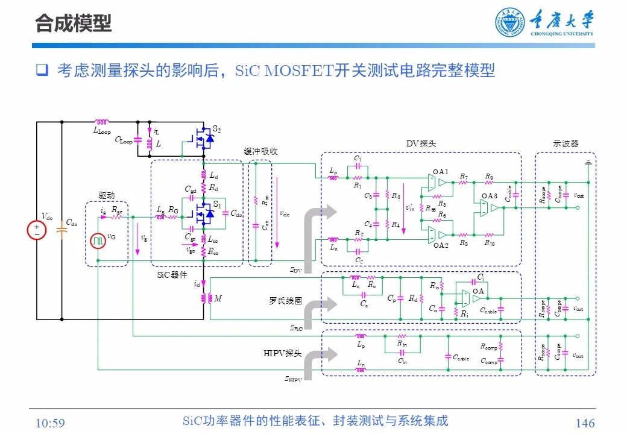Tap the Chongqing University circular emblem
point(510,24)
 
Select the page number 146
point(585,423)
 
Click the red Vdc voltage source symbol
point(36,231)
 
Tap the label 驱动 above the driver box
point(106,195)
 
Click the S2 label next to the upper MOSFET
point(216,129)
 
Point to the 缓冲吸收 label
point(260,151)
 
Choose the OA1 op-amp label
point(441,172)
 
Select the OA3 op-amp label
point(489,197)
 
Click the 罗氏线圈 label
point(285,301)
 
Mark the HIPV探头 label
point(282,353)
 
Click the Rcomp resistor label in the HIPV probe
point(488,347)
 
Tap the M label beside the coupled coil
point(218,298)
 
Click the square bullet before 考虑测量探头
point(42,71)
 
